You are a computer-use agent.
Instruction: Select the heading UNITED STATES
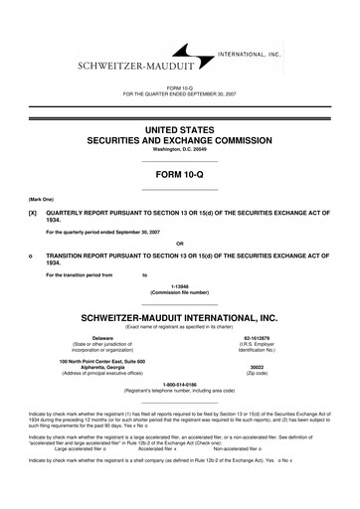[x=179, y=129]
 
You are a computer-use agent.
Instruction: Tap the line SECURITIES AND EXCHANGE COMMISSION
[x=179, y=141]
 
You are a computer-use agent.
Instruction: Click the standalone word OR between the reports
[x=179, y=243]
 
